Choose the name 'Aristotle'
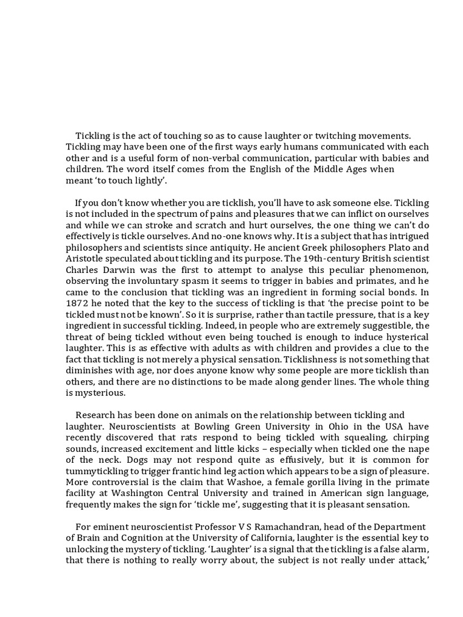click(86, 257)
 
